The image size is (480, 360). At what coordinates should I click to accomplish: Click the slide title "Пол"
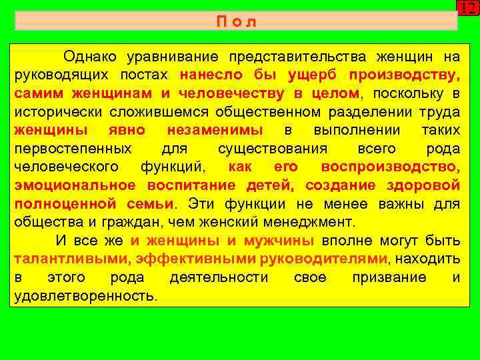[x=236, y=21]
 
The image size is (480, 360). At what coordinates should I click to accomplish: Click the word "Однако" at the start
[x=91, y=55]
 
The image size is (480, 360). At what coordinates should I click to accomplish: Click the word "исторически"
[x=53, y=111]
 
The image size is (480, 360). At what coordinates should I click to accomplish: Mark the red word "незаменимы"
[x=215, y=129]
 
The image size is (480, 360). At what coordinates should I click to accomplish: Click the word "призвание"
[x=389, y=277]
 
